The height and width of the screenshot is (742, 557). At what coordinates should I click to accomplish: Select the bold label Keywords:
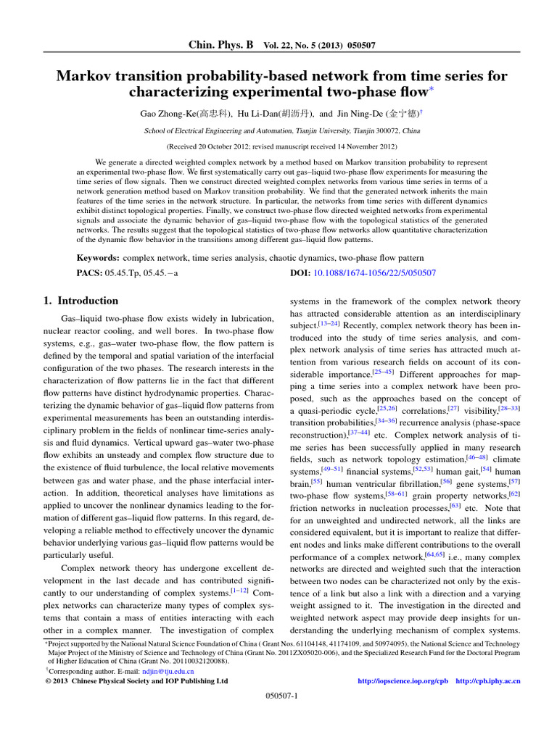[x=99, y=257]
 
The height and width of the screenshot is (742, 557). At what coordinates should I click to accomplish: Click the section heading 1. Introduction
[x=78, y=301]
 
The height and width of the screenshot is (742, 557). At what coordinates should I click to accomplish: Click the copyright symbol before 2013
[x=39, y=681]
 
